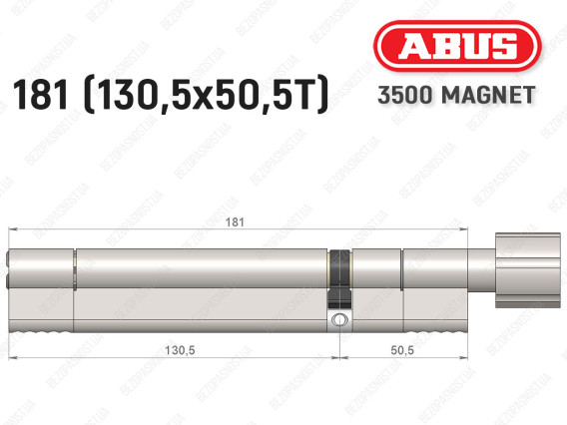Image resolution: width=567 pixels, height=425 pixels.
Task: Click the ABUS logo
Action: (457, 46)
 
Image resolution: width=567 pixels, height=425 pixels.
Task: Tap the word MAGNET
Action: (488, 95)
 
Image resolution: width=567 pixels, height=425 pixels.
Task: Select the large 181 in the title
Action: (41, 95)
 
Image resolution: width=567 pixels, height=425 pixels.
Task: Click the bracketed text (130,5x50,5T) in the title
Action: (206, 95)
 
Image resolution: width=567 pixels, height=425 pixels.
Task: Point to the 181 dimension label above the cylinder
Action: (235, 221)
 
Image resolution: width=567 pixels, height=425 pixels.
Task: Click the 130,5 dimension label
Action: (180, 350)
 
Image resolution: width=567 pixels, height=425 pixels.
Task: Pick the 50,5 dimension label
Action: (402, 350)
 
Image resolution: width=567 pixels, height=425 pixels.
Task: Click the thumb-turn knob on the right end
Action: (528, 270)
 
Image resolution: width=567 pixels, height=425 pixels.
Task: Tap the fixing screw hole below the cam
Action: (339, 320)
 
